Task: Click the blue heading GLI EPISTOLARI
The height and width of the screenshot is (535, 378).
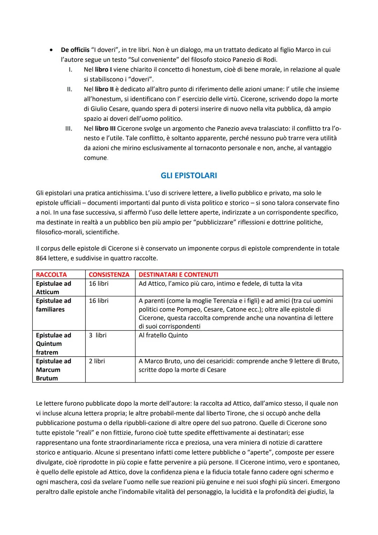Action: tap(189, 176)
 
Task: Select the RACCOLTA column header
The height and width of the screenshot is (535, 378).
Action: tap(51, 275)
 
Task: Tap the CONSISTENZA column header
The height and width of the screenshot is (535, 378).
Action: tap(109, 275)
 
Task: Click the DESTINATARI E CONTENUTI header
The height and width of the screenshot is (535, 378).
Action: tap(178, 275)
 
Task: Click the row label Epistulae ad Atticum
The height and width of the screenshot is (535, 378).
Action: tap(53, 288)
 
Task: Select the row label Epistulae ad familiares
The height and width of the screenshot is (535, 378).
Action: tap(53, 305)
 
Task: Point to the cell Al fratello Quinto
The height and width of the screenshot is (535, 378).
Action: tap(163, 335)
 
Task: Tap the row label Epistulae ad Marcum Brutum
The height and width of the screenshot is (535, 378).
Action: tap(53, 370)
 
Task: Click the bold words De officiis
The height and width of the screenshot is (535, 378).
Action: tap(75, 50)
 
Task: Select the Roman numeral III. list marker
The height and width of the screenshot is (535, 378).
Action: tap(69, 129)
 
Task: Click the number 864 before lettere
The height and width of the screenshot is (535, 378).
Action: tap(42, 258)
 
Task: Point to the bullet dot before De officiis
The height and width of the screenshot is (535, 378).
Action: tap(51, 50)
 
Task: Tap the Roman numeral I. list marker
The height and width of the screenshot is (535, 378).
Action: tap(70, 70)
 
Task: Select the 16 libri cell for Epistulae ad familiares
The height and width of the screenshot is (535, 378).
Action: tap(98, 301)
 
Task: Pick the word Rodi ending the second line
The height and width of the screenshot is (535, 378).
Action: tap(270, 60)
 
